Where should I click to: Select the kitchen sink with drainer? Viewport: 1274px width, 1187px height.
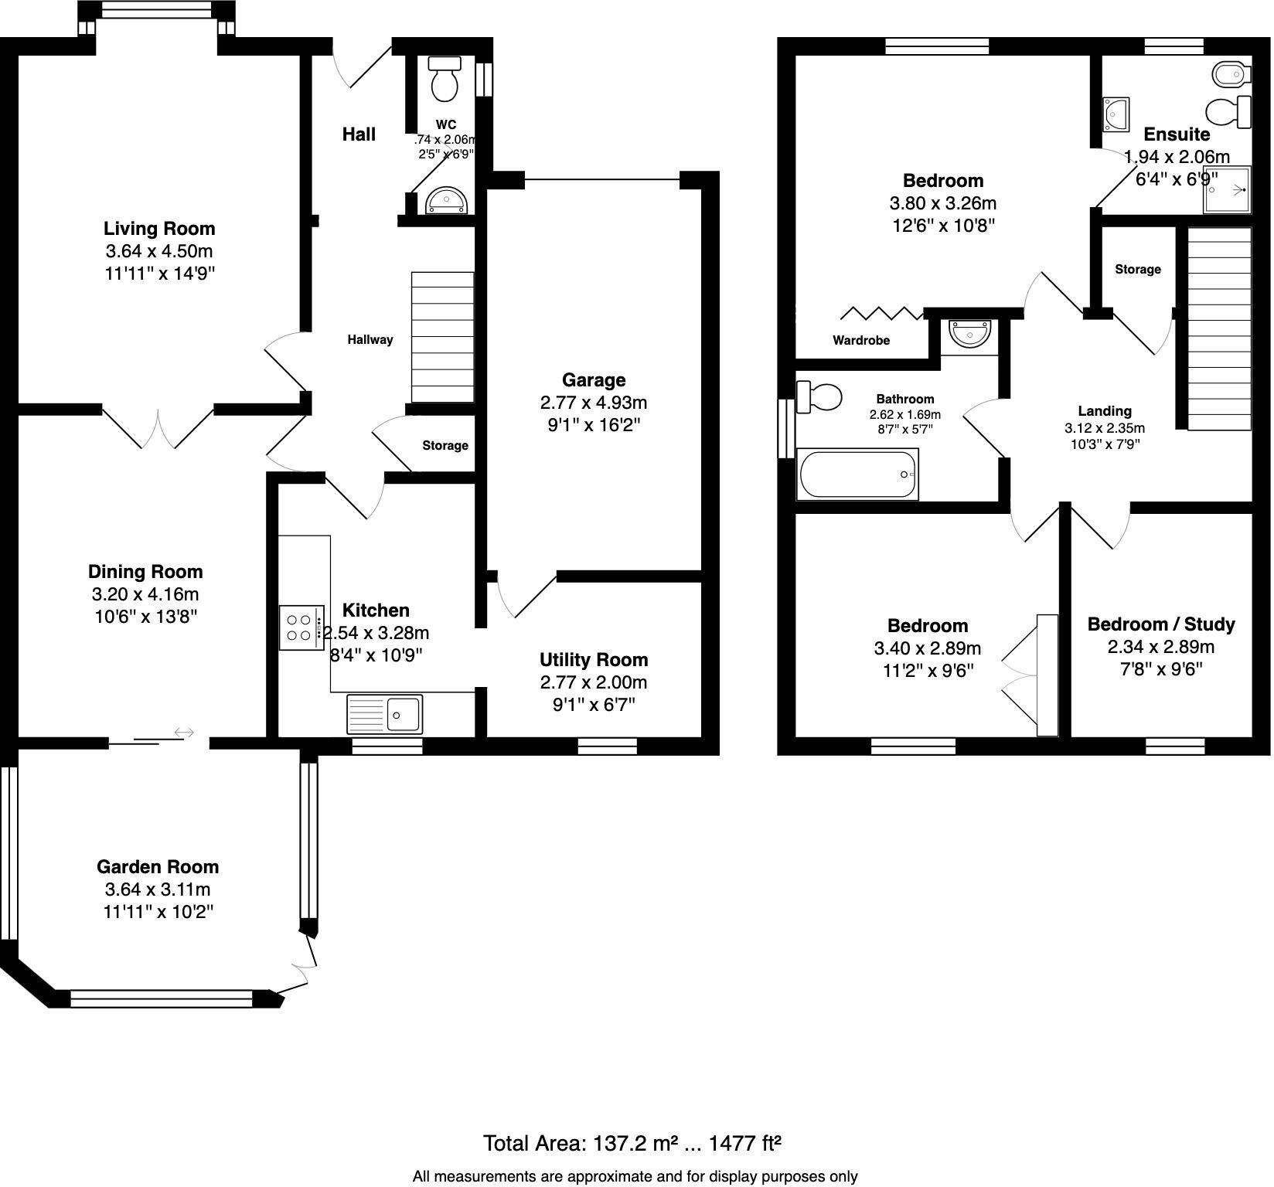pos(384,713)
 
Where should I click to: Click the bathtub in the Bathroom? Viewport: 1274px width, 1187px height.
pos(858,474)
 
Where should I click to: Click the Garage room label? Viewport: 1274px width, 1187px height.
pos(593,380)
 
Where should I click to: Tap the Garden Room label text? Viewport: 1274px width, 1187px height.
pos(158,867)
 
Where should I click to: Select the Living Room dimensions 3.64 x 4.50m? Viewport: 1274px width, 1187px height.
pos(158,251)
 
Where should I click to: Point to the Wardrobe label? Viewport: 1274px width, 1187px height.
pos(860,341)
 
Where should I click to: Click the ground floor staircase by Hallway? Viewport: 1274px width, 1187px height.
pos(442,337)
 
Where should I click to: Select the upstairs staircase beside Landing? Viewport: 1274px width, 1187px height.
pos(1219,328)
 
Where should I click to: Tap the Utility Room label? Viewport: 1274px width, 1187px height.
pos(593,660)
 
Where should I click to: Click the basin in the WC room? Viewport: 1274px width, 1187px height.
pos(446,202)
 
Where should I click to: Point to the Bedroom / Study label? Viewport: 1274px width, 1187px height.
pos(1160,624)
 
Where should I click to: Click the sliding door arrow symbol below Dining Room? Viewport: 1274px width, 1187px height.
pos(184,732)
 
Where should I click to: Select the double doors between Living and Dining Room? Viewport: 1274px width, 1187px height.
pos(158,427)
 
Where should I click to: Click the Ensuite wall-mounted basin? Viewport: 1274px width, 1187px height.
pos(1116,114)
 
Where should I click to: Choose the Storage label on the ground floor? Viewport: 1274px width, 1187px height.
pos(445,446)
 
